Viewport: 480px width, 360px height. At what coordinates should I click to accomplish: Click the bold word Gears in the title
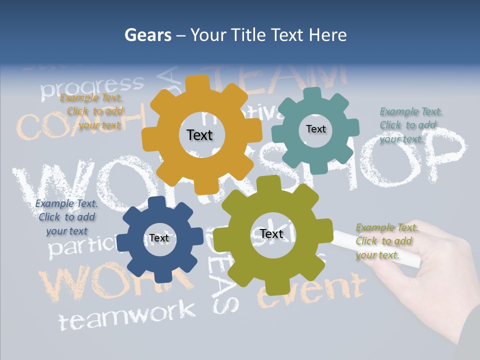[147, 35]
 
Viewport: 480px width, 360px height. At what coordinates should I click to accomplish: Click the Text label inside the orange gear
[199, 135]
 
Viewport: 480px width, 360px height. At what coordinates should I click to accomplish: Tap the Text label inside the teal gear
[315, 129]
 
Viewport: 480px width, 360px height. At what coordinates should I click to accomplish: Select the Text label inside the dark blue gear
[159, 238]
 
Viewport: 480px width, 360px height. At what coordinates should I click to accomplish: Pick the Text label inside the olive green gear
[271, 233]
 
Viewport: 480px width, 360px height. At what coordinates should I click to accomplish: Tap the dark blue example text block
[66, 217]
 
